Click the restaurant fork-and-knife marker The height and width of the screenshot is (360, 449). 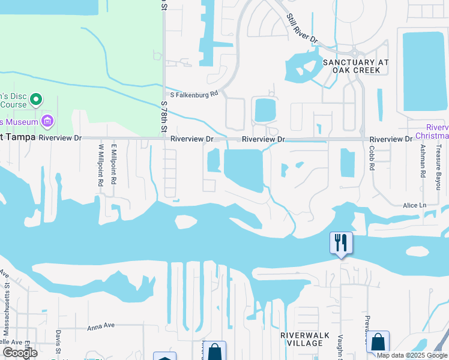point(341,243)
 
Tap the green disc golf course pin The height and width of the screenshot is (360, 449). point(35,99)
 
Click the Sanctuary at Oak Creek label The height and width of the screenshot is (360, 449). point(356,66)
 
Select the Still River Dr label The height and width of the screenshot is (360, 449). point(302,28)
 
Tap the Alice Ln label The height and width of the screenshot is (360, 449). point(414,205)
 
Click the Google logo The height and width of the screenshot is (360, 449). point(20,353)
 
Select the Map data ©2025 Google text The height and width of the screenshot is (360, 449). point(411,355)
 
